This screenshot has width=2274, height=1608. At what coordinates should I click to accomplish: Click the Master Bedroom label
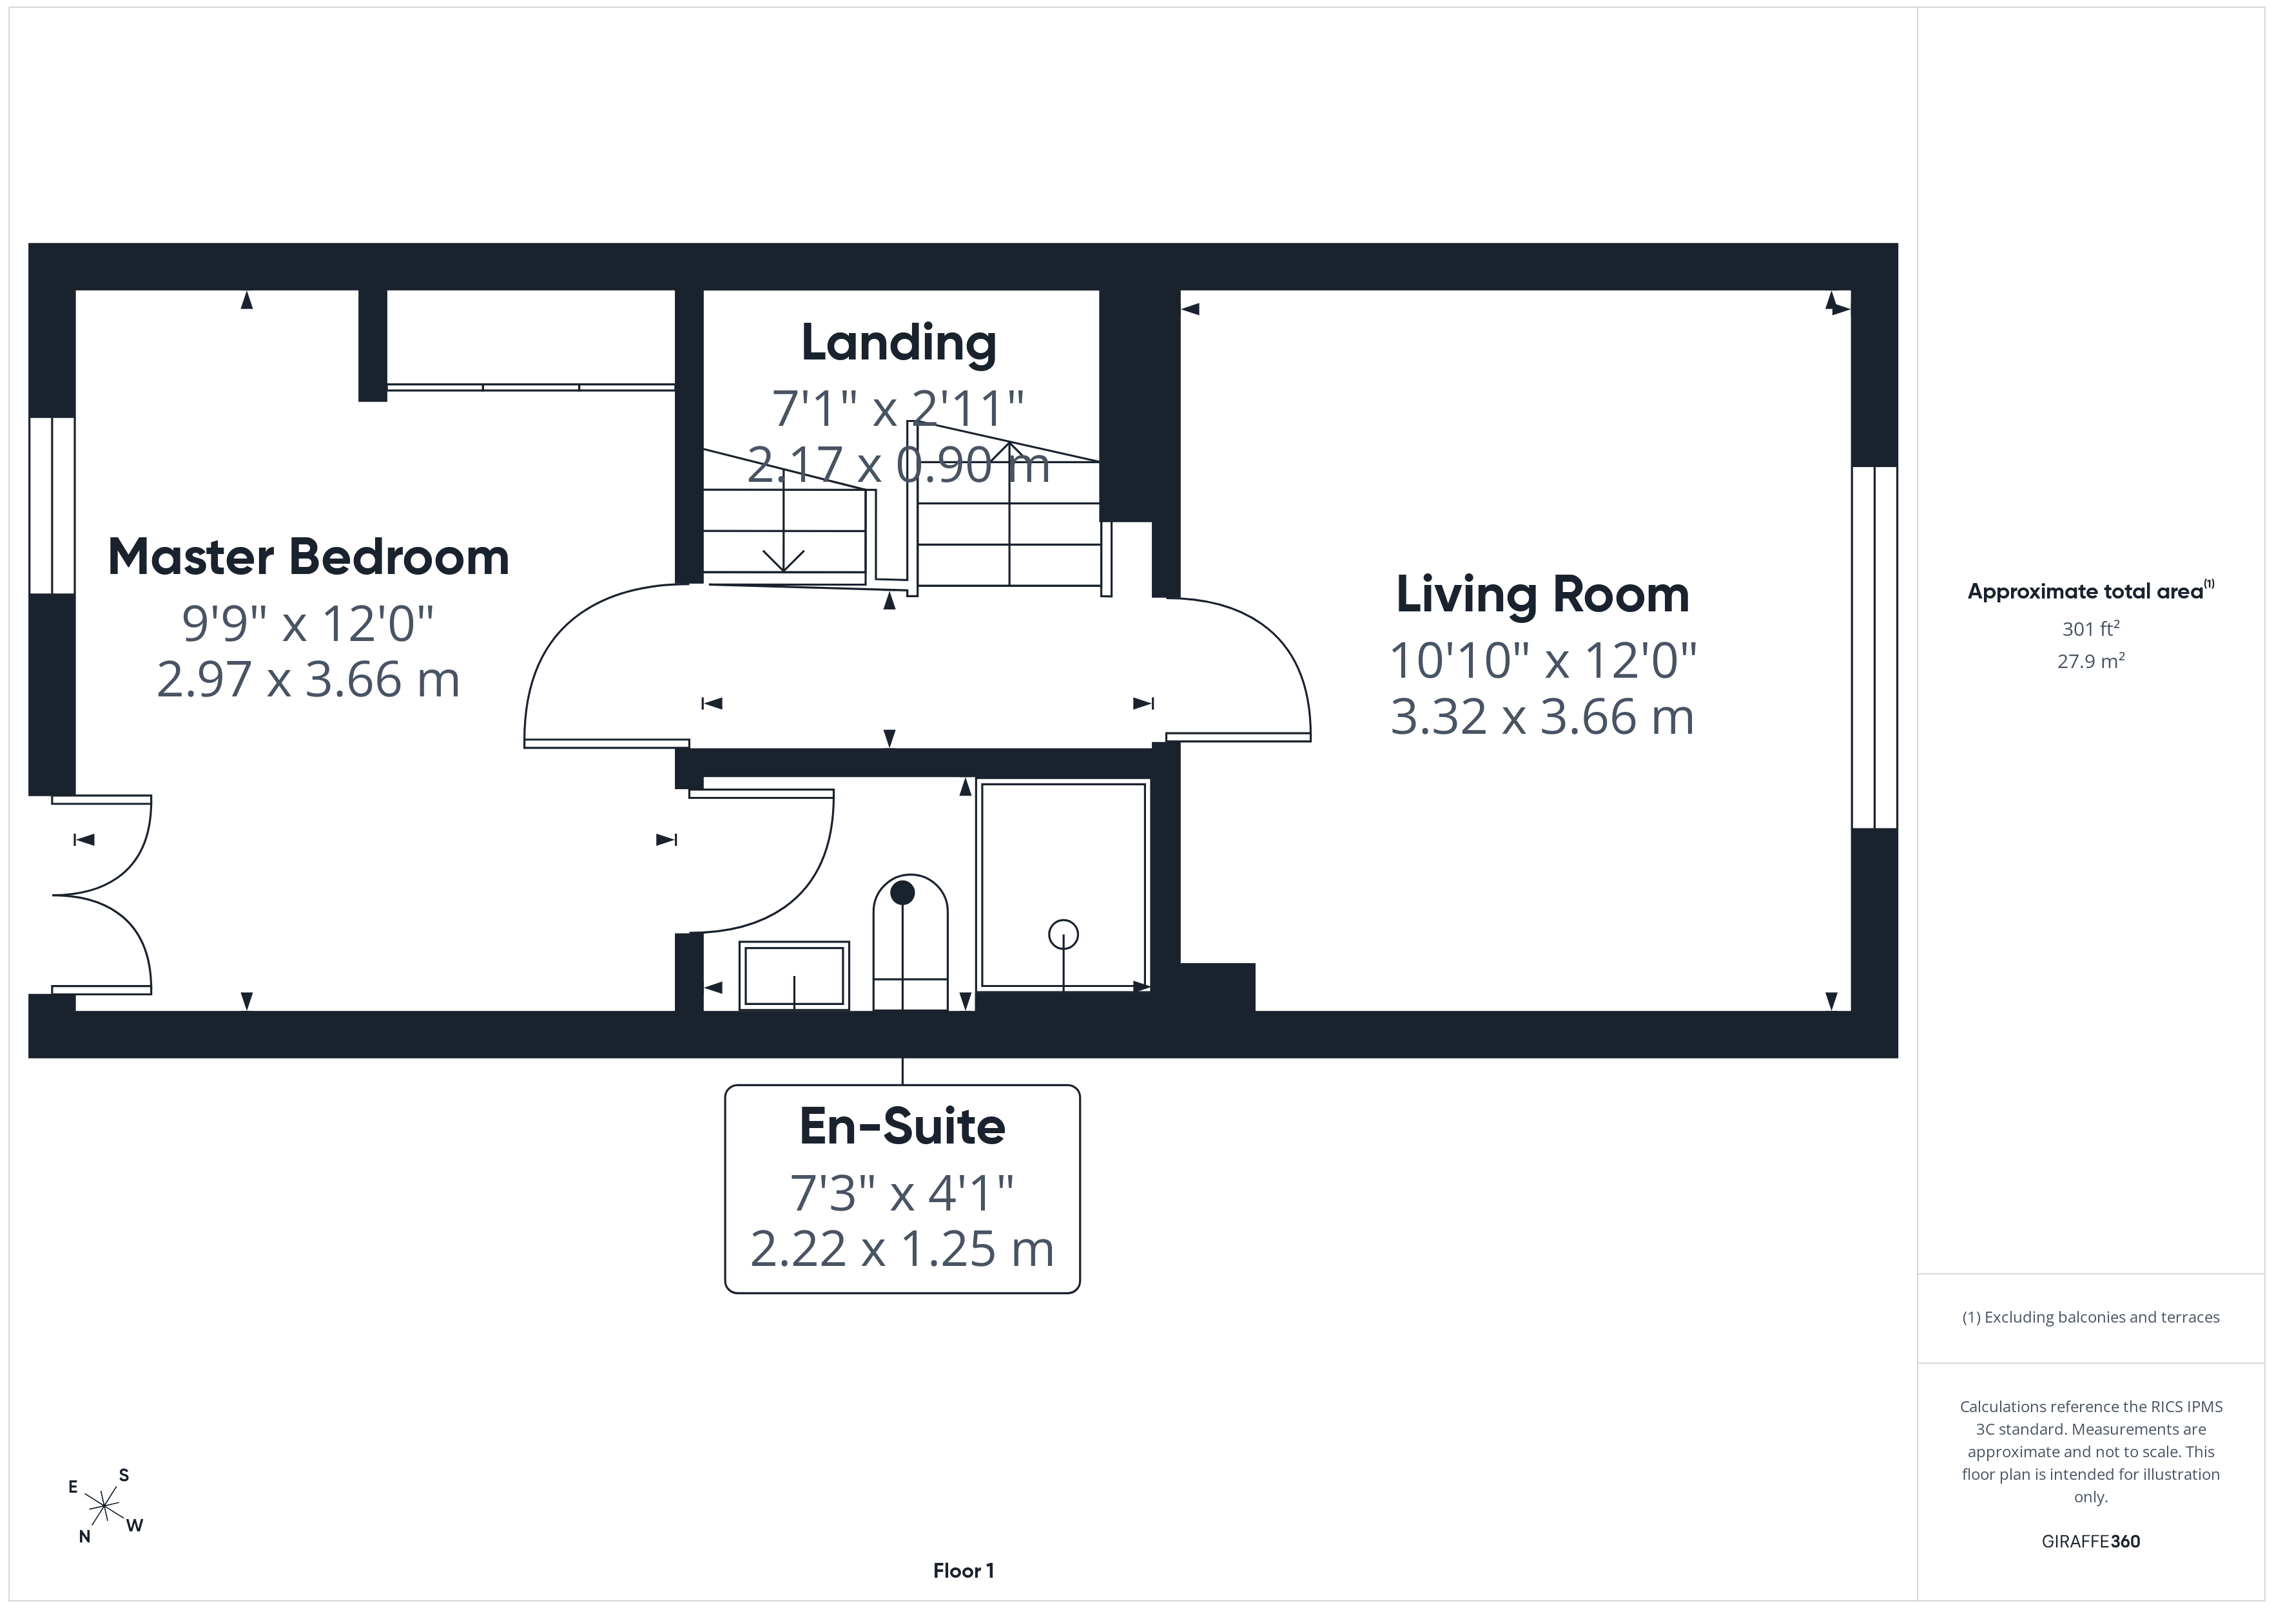coord(308,557)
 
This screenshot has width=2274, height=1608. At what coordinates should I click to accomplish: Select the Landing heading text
coord(899,343)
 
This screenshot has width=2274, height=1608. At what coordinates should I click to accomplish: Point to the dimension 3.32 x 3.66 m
coord(1542,717)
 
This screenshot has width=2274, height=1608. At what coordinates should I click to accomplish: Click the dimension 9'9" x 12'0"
coord(308,624)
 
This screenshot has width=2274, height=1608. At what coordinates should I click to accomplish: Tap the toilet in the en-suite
coord(910,942)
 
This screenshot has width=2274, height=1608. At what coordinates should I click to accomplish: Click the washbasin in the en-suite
coord(794,975)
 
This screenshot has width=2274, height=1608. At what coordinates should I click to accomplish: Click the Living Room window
coord(1874,647)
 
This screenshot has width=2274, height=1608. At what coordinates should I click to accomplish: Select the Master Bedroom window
coord(52,505)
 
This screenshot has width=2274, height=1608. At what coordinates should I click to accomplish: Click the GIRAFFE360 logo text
coord(2091,1540)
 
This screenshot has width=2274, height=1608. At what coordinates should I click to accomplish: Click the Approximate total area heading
coord(2090,591)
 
